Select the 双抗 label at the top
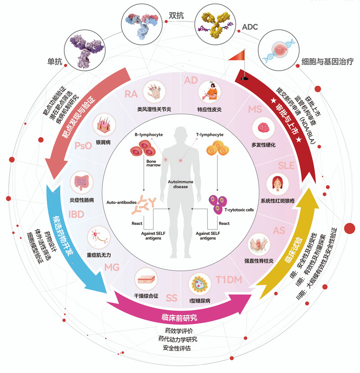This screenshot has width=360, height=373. click(x=176, y=15)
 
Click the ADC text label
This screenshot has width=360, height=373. click(x=250, y=27)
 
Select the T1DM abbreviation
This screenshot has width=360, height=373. click(x=229, y=280)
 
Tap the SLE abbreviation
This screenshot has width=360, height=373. click(x=286, y=165)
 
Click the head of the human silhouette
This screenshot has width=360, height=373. click(x=180, y=136)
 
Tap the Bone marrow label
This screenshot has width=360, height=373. click(x=153, y=163)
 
